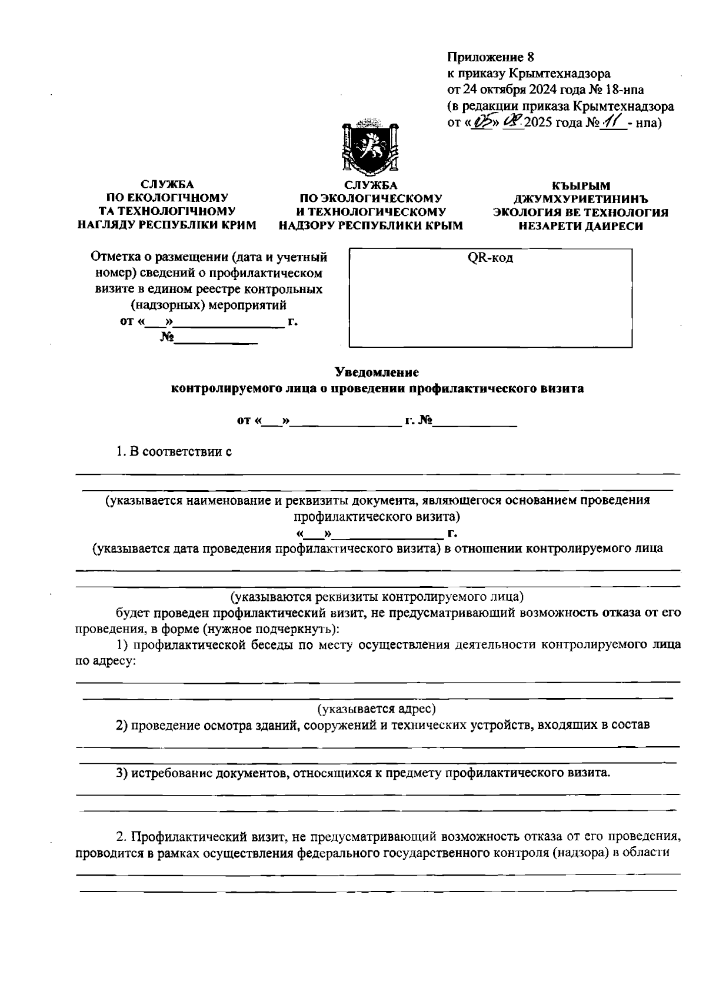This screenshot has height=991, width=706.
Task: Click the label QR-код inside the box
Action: (490, 258)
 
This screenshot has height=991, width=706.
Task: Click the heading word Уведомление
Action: (377, 372)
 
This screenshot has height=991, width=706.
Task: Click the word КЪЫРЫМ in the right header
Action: (581, 186)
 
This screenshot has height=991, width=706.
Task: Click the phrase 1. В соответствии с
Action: (174, 452)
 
